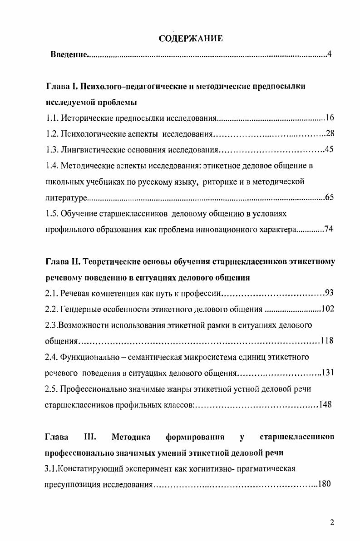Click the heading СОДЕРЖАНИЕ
click(x=191, y=39)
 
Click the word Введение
click(x=68, y=55)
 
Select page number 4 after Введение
click(x=330, y=55)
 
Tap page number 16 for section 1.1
click(x=330, y=118)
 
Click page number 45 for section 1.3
click(x=330, y=150)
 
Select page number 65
click(x=330, y=197)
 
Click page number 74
click(x=329, y=229)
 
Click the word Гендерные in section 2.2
click(x=82, y=310)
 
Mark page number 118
click(x=327, y=341)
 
